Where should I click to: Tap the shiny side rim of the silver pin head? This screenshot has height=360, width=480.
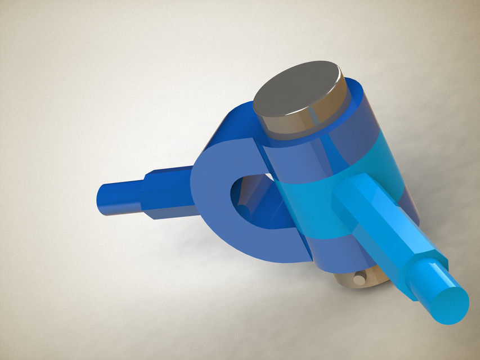pos(298,125)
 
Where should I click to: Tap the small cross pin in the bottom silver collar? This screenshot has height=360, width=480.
pos(358,278)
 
